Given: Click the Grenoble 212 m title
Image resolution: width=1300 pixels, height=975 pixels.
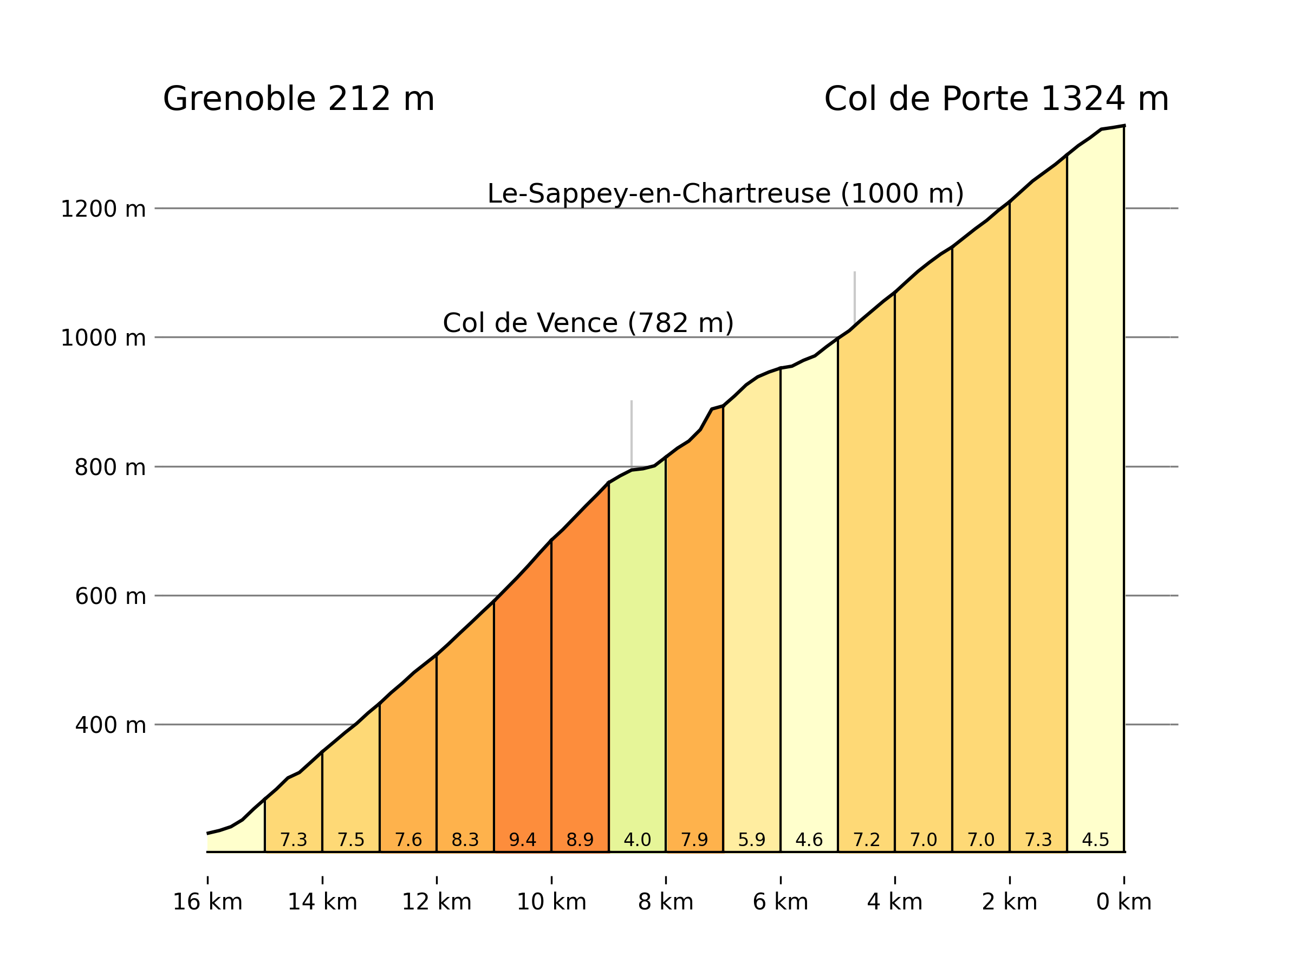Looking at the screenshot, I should coord(298,99).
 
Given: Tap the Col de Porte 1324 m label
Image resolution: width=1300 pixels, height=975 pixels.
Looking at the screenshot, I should coord(996,99).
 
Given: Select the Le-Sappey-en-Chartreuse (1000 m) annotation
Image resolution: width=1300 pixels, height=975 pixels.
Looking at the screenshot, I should coord(725,194).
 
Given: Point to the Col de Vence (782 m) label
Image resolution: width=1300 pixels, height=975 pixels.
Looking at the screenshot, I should coord(588,323).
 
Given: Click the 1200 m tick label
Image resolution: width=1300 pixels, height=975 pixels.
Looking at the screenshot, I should coord(103,209).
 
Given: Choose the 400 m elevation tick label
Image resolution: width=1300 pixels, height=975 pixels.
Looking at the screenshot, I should coord(110,726).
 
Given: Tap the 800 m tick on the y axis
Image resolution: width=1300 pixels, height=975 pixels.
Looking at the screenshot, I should coord(110,468).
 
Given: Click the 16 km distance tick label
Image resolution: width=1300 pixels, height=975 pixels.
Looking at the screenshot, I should coord(207,902).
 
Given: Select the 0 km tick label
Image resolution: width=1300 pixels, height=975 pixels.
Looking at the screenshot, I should coord(1124,902).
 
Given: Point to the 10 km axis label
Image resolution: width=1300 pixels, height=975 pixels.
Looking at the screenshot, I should coord(551,902).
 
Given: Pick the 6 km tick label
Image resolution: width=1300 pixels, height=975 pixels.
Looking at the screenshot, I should coord(781,902).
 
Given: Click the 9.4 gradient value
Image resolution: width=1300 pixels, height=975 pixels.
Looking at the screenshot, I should coord(523,841).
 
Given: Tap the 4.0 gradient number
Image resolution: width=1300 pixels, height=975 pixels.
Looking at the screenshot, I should coord(637,841).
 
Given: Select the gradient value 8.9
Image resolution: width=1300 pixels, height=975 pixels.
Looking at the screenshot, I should coord(580,841).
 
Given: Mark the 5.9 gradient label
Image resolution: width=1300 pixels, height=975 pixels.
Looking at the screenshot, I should coord(752,841).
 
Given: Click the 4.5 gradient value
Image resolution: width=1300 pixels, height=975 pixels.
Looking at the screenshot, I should coord(1095,841).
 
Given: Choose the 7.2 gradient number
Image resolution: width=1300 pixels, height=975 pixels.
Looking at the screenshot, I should coord(866,841).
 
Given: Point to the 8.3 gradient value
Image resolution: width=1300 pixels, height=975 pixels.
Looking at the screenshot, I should coord(465,841).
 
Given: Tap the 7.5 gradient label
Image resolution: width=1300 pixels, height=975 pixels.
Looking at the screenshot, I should coord(351,841).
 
